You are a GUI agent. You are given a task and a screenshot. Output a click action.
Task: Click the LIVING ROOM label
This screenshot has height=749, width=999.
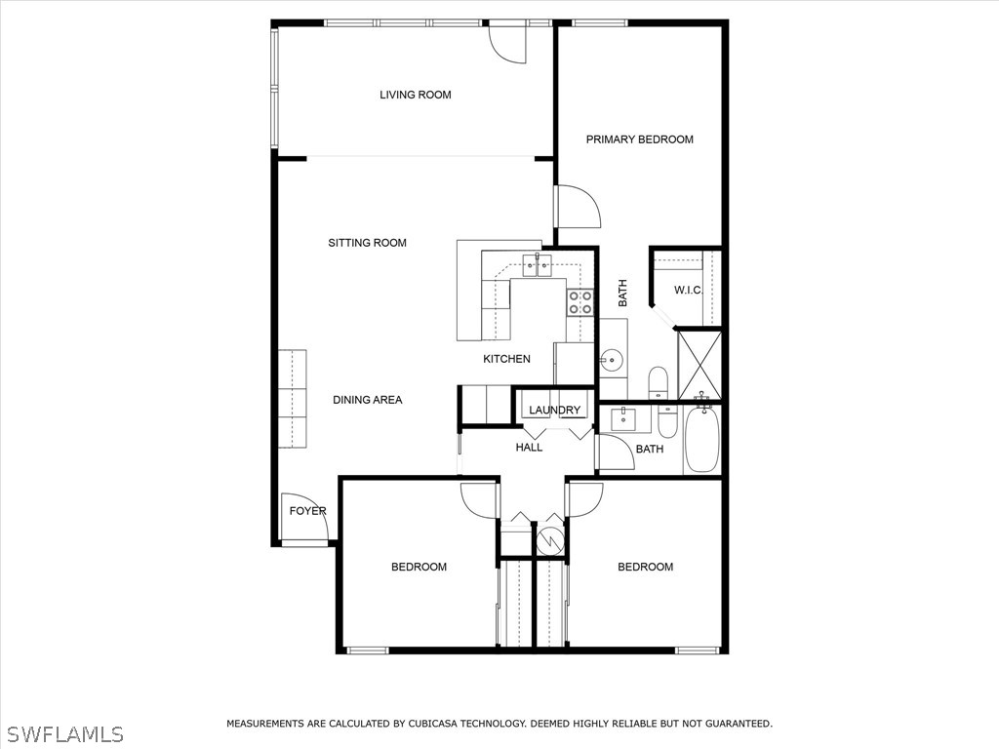point(416,95)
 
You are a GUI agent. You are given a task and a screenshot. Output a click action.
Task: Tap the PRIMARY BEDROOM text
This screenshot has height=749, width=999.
point(639,139)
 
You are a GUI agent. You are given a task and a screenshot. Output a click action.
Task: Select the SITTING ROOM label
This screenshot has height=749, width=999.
point(367,243)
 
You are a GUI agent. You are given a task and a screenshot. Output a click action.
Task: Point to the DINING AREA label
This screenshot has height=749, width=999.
point(367,400)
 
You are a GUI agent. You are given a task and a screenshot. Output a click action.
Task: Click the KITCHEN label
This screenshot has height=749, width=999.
point(506,359)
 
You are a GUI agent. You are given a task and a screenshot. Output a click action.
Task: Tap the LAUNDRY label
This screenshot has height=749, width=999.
point(555,411)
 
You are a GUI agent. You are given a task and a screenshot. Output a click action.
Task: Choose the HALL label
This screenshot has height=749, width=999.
point(529,448)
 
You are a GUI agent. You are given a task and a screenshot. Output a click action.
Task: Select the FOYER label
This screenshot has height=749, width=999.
point(307,511)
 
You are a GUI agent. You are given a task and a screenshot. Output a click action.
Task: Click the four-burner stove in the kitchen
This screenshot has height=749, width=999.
point(580,302)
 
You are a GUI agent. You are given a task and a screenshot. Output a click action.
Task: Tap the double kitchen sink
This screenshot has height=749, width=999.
point(537,263)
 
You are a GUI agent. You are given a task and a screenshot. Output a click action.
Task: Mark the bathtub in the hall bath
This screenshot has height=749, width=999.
point(701,440)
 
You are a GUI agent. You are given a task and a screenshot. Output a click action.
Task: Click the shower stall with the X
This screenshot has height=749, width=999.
point(699,365)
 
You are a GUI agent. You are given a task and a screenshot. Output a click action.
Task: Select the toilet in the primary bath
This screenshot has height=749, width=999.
point(659,380)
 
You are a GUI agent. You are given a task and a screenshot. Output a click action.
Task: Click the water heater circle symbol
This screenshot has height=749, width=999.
point(550,538)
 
